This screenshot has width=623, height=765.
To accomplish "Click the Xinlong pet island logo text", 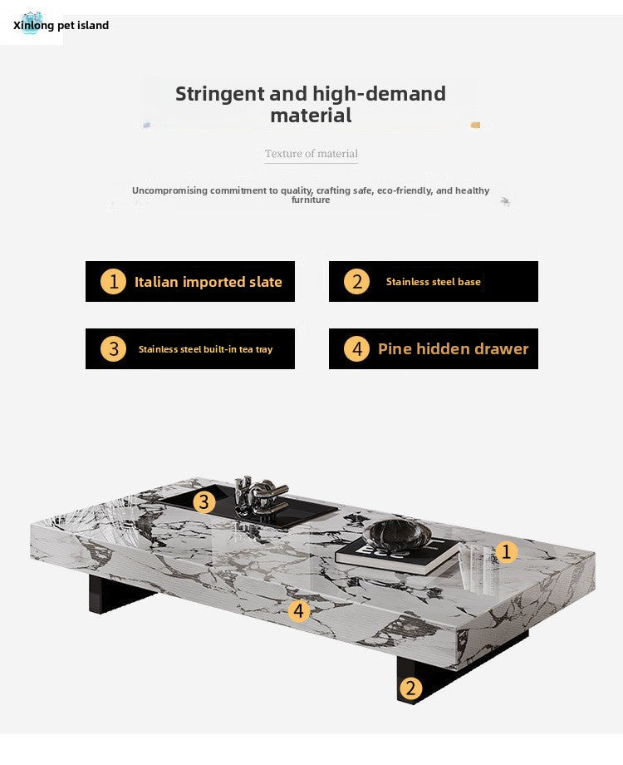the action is [61, 26].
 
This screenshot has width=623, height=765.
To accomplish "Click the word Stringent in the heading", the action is [220, 94].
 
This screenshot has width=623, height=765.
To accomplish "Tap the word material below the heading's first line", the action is [311, 116].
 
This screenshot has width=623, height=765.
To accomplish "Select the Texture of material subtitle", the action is [311, 154].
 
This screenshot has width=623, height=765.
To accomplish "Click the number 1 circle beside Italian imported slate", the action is [113, 282].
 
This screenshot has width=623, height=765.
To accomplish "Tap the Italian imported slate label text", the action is [208, 282].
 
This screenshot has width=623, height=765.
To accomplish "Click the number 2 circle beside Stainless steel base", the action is [357, 282].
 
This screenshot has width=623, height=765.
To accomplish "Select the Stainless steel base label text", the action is [434, 282].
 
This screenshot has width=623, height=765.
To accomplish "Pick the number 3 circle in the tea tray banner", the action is [113, 349].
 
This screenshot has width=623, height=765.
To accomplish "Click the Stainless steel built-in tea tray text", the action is [205, 349].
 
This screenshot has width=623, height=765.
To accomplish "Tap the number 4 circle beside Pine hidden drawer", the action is [357, 349].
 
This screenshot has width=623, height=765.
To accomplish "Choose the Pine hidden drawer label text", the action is [454, 349].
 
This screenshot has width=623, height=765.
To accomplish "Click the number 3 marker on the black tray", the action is [204, 502].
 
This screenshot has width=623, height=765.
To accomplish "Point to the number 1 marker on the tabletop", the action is [506, 552].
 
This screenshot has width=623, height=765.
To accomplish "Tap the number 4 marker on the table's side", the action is [299, 611].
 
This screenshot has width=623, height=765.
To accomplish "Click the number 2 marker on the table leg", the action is [410, 688].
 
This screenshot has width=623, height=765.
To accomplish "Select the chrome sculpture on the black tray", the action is [261, 496].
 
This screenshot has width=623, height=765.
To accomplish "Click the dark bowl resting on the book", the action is [396, 535].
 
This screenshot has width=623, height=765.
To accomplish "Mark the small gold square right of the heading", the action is [475, 125].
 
